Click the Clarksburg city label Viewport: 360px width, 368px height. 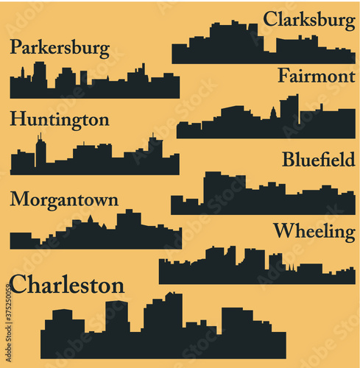tap(308, 19)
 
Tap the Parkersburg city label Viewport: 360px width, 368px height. tap(60, 49)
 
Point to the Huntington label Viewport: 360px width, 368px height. tap(60, 120)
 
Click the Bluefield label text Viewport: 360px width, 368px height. tap(319, 159)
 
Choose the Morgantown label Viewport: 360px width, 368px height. tap(64, 199)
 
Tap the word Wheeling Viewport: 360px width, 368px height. tap(314, 231)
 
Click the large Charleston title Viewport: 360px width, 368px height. tap(67, 285)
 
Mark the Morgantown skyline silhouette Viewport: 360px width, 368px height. tap(96, 237)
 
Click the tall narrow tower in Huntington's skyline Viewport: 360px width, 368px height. tap(40, 152)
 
